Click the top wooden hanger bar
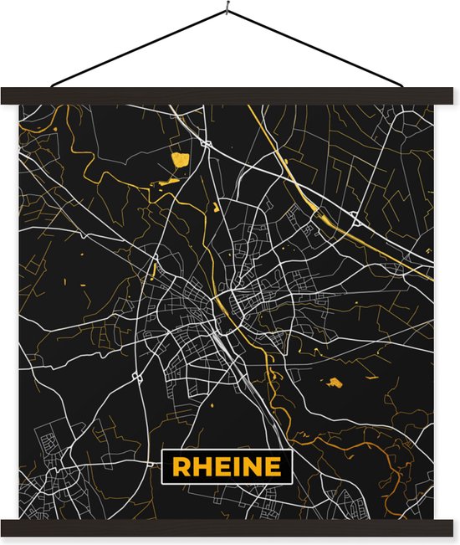point(230,95)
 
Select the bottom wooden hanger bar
point(230,527)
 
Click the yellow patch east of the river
point(335,383)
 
